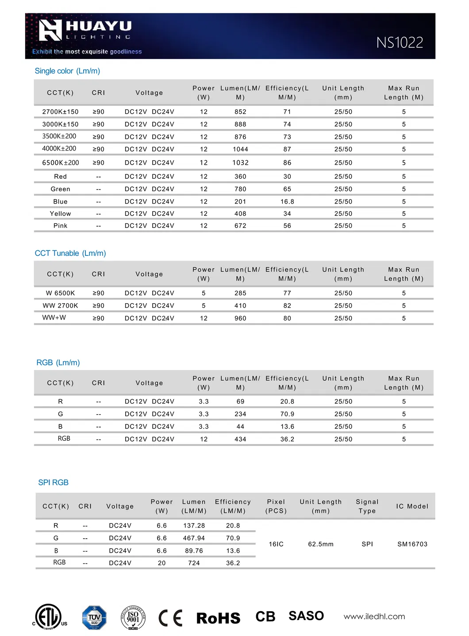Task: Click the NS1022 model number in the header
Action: [x=400, y=42]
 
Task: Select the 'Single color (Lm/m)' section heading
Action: [x=67, y=71]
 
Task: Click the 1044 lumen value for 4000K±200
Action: [x=240, y=149]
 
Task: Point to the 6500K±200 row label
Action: [x=61, y=162]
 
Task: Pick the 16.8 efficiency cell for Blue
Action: [x=287, y=201]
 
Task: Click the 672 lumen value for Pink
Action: [x=240, y=226]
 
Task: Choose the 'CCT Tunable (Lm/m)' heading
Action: [x=70, y=253]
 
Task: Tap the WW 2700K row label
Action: [x=60, y=305]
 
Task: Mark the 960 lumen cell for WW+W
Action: [x=240, y=318]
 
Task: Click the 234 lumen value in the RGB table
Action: [x=240, y=414]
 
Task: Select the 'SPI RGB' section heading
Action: [x=53, y=482]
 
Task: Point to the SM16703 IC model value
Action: [x=412, y=544]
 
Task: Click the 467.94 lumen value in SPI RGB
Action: [x=194, y=538]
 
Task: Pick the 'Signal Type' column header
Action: [x=367, y=506]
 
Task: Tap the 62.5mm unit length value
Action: [x=321, y=544]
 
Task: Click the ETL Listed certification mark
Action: [x=49, y=617]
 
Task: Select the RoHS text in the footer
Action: [x=218, y=618]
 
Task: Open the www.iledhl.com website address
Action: [x=374, y=617]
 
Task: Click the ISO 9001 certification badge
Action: [x=133, y=617]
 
